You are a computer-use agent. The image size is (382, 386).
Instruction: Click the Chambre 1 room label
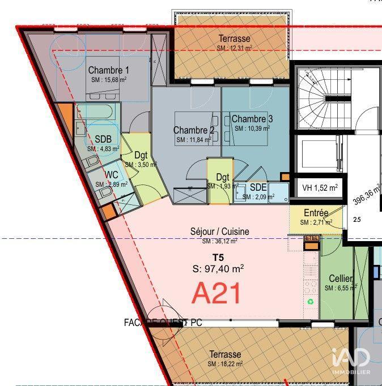pyautogui.click(x=108, y=70)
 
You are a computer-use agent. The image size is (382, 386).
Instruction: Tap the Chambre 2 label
pyautogui.click(x=194, y=130)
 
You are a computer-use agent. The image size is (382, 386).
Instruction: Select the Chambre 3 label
pyautogui.click(x=252, y=119)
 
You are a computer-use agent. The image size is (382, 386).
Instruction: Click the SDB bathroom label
pyautogui.click(x=103, y=139)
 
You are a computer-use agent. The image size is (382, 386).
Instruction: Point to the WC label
pyautogui.click(x=111, y=175)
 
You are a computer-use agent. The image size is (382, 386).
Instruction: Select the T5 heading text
pyautogui.click(x=218, y=258)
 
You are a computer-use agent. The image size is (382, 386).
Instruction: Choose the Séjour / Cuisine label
pyautogui.click(x=219, y=231)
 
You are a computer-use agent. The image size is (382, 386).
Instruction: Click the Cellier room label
pyautogui.click(x=341, y=279)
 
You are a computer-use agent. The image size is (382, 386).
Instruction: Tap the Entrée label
pyautogui.click(x=316, y=213)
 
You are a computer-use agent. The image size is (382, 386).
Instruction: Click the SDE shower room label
pyautogui.click(x=258, y=187)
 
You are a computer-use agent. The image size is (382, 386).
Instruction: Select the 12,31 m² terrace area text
pyautogui.click(x=234, y=49)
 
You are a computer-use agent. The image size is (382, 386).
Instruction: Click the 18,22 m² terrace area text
pyautogui.click(x=225, y=364)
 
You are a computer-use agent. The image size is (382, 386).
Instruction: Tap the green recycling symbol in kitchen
pyautogui.click(x=311, y=302)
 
